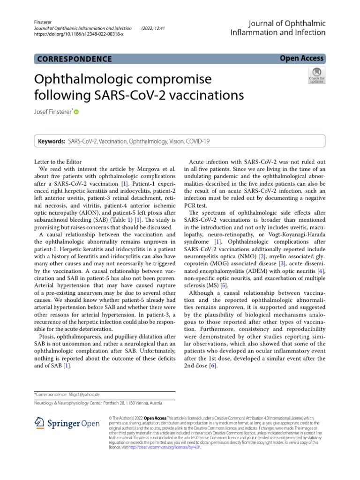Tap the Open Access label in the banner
(x=301, y=58)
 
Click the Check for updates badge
(x=316, y=75)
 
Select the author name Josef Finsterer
(x=52, y=112)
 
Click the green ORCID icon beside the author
(x=76, y=112)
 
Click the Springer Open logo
(x=67, y=423)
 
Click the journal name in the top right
(x=277, y=28)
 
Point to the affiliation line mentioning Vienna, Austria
(x=98, y=403)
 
